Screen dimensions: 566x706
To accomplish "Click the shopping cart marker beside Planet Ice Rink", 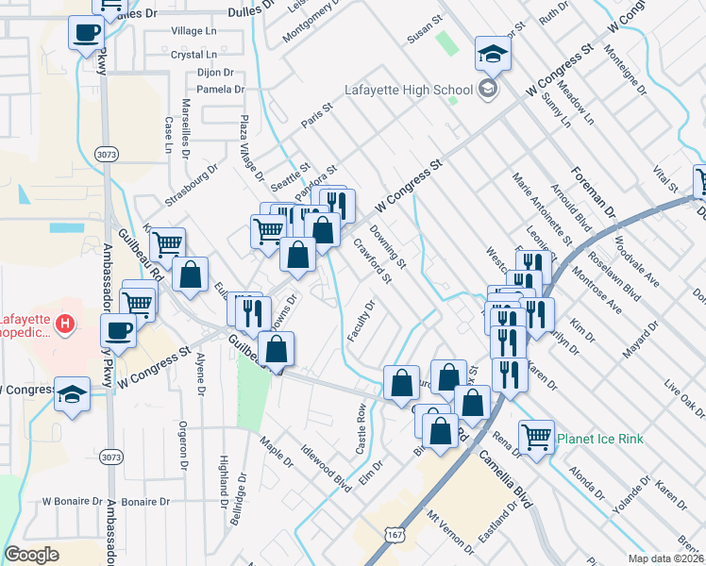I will (x=536, y=437).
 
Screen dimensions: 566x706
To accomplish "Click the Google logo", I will (x=31, y=555).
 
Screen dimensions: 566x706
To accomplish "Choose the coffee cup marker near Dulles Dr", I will (x=87, y=33).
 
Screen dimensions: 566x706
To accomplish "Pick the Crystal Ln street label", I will (x=195, y=55).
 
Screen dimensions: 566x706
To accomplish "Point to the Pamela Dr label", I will (x=220, y=90).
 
